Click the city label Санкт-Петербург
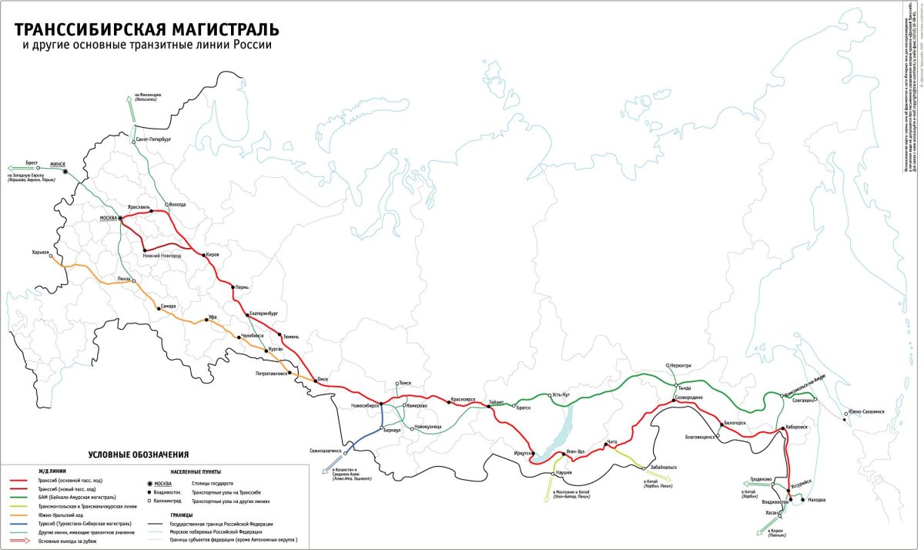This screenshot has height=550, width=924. pyautogui.click(x=153, y=119)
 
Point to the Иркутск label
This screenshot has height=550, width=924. pyautogui.click(x=517, y=453)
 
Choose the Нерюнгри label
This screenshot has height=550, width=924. pyautogui.click(x=679, y=365)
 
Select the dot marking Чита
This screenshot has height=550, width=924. pyautogui.click(x=606, y=444)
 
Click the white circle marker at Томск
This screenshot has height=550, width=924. pyautogui.click(x=395, y=383)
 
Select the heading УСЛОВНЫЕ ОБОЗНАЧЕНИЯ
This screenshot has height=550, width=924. pyautogui.click(x=139, y=455)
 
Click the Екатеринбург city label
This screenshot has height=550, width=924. pyautogui.click(x=263, y=314)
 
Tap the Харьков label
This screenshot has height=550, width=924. pyautogui.click(x=41, y=252)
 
